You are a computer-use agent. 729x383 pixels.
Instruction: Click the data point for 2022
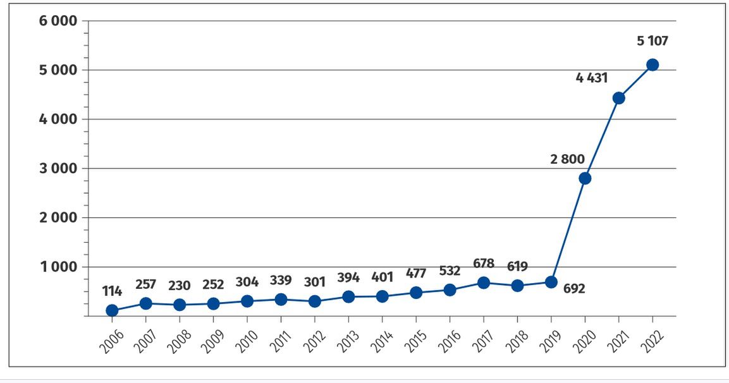652,64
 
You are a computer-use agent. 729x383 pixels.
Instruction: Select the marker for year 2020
585,178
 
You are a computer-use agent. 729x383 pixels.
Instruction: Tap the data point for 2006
112,310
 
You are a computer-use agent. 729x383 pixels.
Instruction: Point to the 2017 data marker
484,283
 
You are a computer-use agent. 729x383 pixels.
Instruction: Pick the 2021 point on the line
619,98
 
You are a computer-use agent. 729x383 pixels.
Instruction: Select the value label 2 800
567,159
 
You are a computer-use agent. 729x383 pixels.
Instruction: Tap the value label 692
574,289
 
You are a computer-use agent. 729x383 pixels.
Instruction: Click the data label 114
111,291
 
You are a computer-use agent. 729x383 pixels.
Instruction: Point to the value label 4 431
592,78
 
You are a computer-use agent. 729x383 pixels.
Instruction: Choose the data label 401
382,277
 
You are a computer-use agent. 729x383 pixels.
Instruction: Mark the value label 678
483,263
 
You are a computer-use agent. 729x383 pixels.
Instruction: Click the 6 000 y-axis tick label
58,21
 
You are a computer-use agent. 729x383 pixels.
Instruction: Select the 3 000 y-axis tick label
58,169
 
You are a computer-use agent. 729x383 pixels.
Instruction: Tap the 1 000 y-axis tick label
58,267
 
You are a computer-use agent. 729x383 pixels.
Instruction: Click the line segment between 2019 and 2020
568,230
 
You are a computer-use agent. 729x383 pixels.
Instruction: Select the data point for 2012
314,301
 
